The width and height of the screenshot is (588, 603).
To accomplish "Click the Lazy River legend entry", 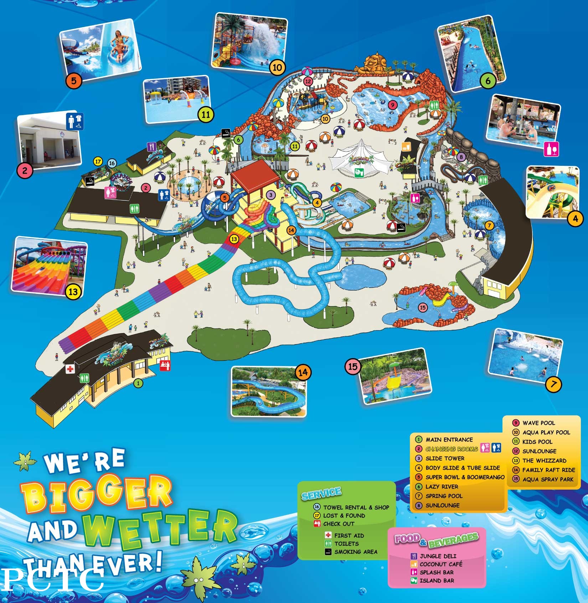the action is [442, 486].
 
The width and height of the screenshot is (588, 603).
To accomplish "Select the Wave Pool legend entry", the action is [538, 423].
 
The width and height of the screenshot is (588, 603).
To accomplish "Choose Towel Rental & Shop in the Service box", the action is [356, 507].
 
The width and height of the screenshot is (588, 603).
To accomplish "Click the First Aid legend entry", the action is [349, 535].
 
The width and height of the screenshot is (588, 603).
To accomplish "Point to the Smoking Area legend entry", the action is [355, 552].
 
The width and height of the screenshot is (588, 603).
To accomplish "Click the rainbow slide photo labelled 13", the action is [50, 266].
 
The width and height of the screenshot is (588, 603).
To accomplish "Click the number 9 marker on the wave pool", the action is [392, 105].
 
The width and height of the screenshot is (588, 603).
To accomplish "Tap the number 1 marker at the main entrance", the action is [139, 383].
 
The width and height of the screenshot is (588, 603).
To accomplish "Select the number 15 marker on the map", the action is [423, 307].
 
